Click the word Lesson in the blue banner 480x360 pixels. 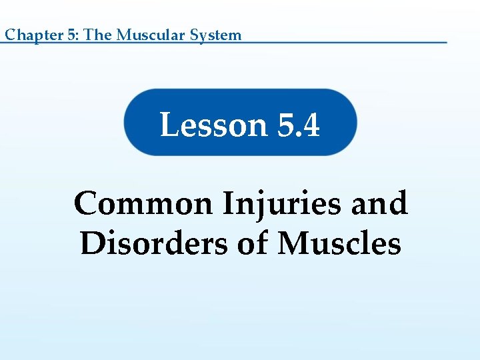tap(213, 125)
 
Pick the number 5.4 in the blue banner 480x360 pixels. tap(298, 125)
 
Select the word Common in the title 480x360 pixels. tap(143, 203)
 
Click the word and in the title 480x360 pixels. tap(379, 203)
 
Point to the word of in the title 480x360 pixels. tap(253, 243)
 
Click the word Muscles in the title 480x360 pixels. tap(340, 243)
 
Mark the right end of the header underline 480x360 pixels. tap(446, 43)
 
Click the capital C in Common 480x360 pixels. tap(88, 203)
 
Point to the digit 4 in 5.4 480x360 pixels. tap(310, 125)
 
